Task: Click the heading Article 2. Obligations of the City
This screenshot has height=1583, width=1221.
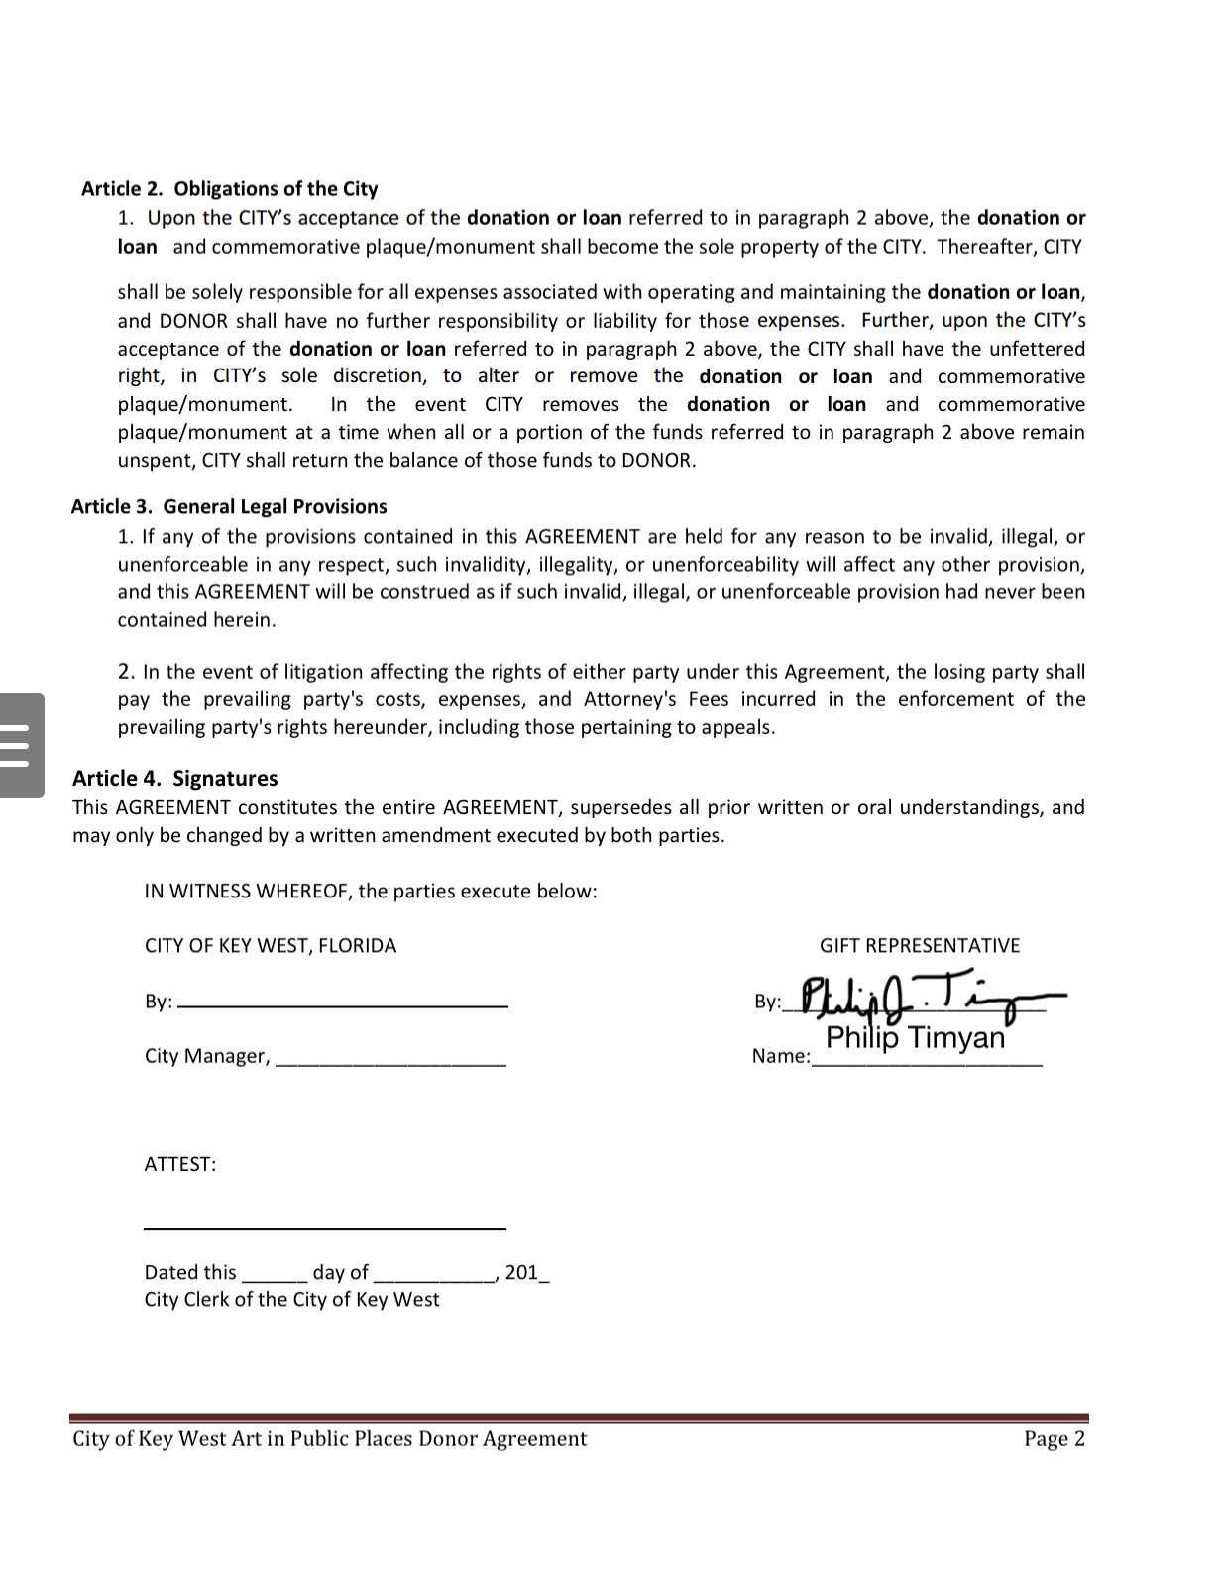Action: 230,189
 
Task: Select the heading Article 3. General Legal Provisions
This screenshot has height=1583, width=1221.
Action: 229,507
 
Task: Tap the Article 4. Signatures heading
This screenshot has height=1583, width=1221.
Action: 175,779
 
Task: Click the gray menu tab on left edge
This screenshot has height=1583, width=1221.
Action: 21,746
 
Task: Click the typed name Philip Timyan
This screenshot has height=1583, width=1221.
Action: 915,1038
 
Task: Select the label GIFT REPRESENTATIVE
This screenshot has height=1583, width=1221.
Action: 919,946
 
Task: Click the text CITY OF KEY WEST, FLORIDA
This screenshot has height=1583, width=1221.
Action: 270,946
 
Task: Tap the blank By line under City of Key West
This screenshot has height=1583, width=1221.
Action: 343,1004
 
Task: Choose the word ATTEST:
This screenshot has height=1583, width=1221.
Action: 180,1165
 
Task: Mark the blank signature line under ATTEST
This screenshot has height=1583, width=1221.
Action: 324,1226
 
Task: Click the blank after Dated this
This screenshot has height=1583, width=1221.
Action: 275,1278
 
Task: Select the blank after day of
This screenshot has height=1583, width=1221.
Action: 434,1278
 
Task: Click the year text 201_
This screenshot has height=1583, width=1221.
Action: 526,1273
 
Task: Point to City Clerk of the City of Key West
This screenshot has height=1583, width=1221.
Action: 291,1300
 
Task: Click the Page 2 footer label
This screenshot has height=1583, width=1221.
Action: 1054,1439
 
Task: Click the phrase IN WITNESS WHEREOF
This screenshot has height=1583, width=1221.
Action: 247,892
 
